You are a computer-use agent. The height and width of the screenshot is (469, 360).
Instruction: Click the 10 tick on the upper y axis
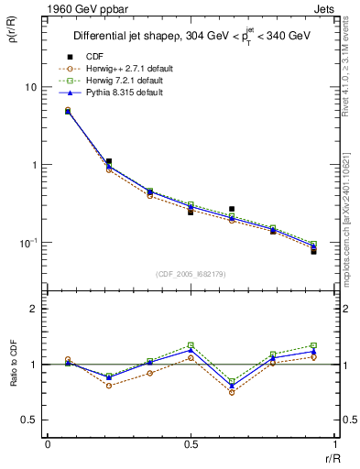[x=31, y=87]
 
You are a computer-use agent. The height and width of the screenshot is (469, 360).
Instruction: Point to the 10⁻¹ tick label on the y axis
[x=29, y=243]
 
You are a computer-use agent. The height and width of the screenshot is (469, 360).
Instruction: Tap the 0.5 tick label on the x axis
[x=190, y=445]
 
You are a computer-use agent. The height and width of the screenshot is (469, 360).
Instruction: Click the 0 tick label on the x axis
[x=48, y=445]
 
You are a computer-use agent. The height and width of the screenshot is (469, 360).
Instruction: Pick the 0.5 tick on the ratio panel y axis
[x=31, y=420]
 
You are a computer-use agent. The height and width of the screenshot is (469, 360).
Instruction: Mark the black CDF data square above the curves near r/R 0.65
[x=232, y=209]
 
